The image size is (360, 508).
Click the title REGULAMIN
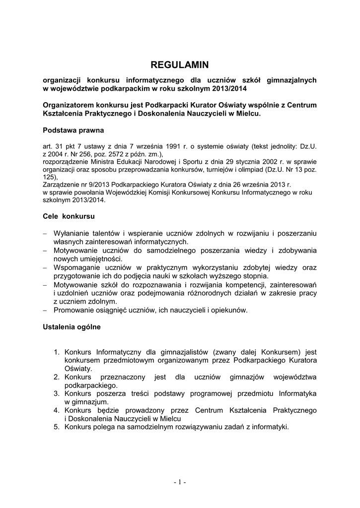coord(180,64)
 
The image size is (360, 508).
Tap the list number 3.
coord(57,393)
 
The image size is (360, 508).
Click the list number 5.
coord(57,427)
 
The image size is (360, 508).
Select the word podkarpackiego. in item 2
coord(91,385)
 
